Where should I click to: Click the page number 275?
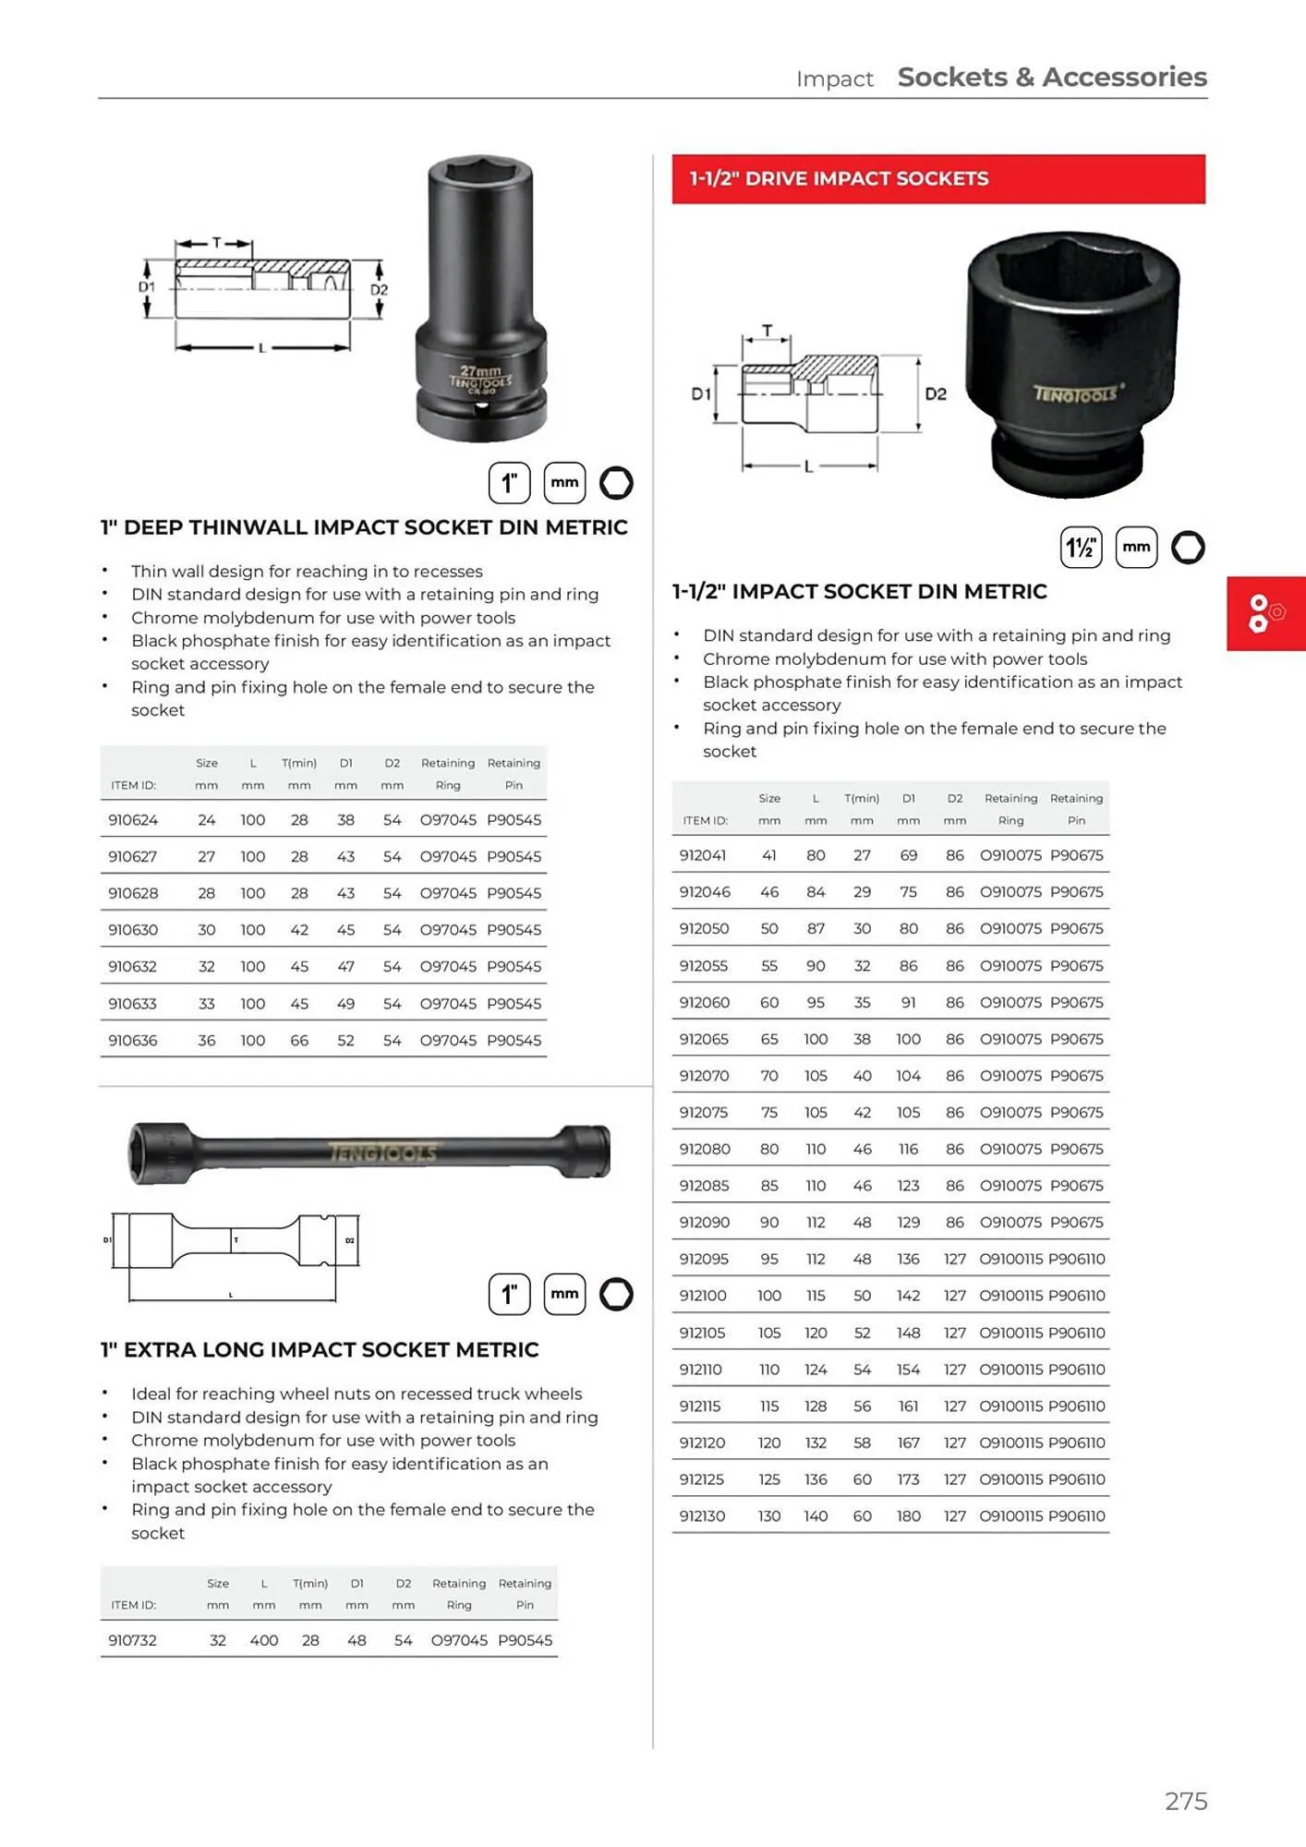click(x=1186, y=1801)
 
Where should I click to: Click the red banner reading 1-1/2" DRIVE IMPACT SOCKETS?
click(x=937, y=179)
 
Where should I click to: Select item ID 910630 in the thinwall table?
click(x=133, y=930)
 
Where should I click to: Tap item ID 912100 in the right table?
click(x=703, y=1296)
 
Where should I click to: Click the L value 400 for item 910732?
click(x=264, y=1640)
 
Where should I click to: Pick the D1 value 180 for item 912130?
click(x=908, y=1516)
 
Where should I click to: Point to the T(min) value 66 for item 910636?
click(x=299, y=1040)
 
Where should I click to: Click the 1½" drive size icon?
click(x=1081, y=548)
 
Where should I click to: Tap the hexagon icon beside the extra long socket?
click(x=616, y=1294)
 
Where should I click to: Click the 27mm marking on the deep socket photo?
click(x=480, y=370)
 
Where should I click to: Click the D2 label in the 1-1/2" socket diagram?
click(x=936, y=394)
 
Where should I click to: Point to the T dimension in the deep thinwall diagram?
click(x=216, y=243)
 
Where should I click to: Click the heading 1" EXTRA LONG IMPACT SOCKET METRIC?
click(x=320, y=1349)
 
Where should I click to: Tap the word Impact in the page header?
click(x=834, y=79)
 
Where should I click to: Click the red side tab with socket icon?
click(x=1265, y=613)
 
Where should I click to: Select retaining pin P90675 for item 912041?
click(x=1076, y=855)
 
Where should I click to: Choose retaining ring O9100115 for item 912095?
click(x=1010, y=1259)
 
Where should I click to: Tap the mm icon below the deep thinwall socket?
click(x=564, y=482)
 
